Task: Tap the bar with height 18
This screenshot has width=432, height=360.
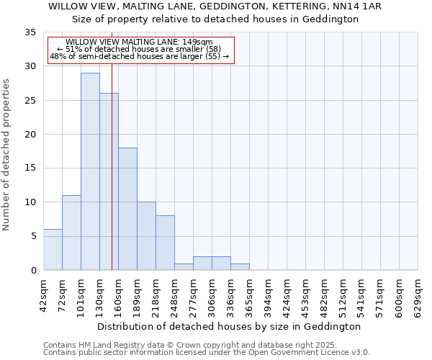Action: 127,209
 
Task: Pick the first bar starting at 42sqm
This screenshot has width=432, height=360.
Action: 53,249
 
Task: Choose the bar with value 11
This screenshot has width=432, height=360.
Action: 71,233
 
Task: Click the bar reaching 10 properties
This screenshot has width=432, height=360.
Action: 146,236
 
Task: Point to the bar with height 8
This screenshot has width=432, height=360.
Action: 165,243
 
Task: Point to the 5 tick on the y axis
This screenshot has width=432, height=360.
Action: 32,236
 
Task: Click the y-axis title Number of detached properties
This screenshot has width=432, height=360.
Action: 7,155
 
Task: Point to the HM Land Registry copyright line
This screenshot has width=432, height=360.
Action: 190,345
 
